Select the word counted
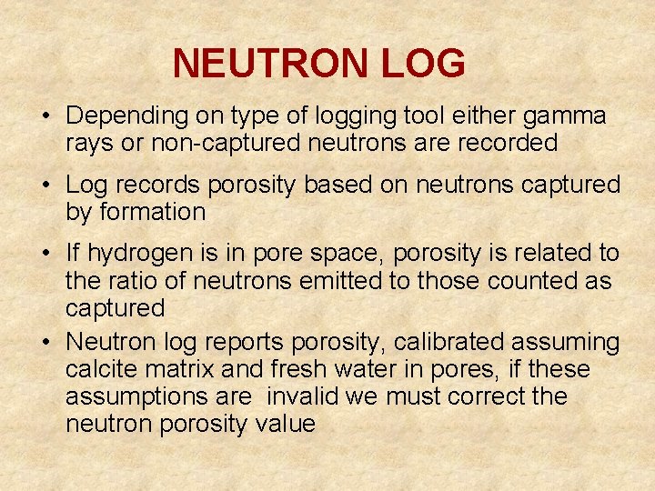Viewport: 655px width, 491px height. pos(528,281)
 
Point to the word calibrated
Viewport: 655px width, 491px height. pos(450,343)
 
